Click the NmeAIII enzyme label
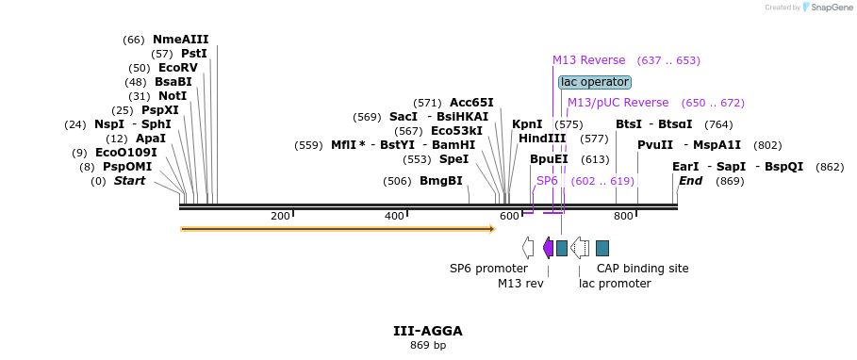coord(180,40)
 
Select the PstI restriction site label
coord(193,54)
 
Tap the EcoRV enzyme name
coord(179,68)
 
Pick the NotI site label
coord(172,96)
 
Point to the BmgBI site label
coord(441,181)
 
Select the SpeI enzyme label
coord(454,159)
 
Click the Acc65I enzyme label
coord(471,103)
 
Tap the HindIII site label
coord(542,139)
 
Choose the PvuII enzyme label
coord(655,145)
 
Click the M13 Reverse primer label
coord(588,60)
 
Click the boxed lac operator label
coord(594,82)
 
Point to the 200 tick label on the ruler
coord(280,217)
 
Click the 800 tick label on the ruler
coord(623,217)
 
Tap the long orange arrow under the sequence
coord(338,229)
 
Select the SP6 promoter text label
coord(488,269)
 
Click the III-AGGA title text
coord(427,331)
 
